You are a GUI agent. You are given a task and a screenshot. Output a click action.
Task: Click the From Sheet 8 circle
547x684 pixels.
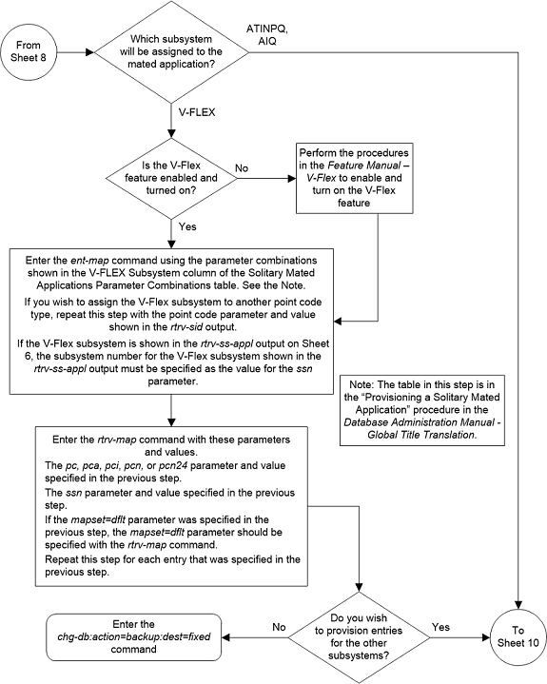click(x=31, y=52)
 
